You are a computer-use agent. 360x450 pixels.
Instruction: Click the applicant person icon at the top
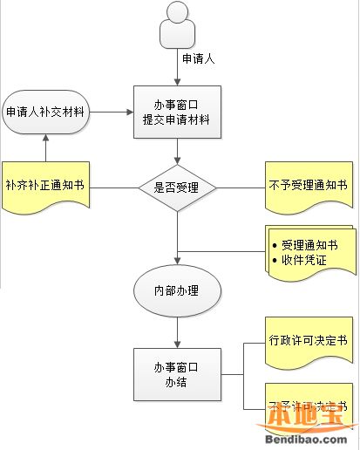(177, 26)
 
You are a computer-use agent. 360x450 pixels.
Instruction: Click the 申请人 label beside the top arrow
(198, 58)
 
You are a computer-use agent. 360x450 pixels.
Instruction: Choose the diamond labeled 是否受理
(177, 186)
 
